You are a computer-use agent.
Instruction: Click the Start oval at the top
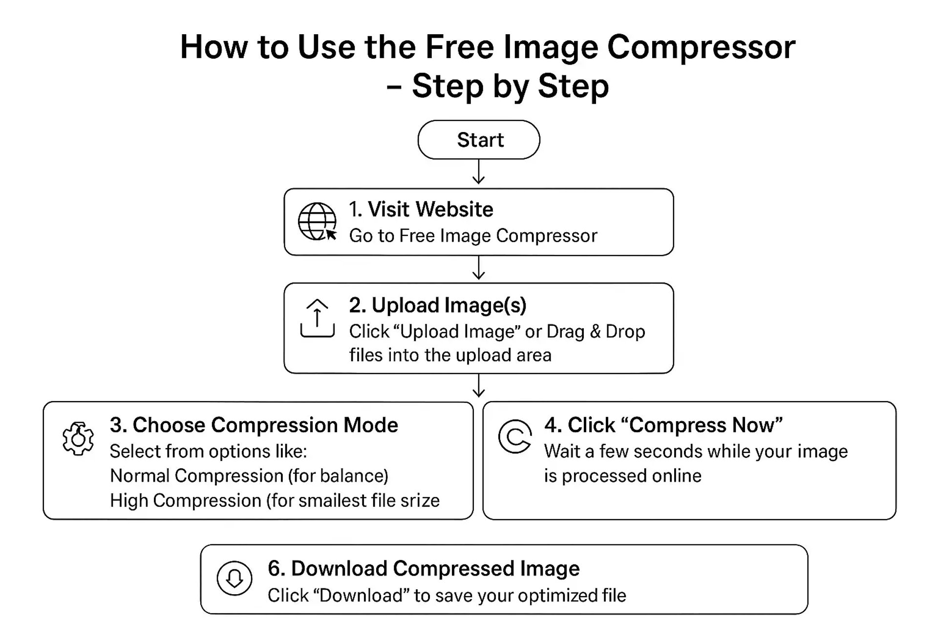(x=479, y=140)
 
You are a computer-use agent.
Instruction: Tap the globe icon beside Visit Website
(x=317, y=222)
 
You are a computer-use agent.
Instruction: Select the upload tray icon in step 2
(x=317, y=318)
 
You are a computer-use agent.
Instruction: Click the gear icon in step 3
(x=78, y=439)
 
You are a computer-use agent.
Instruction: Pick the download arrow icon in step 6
(x=234, y=578)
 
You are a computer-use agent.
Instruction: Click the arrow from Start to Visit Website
(x=479, y=172)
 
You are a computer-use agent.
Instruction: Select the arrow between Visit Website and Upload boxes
(x=479, y=268)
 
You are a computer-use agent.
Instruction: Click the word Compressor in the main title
(x=701, y=47)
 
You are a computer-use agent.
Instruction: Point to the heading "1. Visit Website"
(x=421, y=209)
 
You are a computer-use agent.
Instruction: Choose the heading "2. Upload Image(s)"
(x=437, y=305)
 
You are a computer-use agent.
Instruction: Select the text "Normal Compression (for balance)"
(x=249, y=476)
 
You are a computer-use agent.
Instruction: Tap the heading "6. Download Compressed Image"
(x=423, y=569)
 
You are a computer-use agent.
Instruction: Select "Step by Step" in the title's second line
(x=510, y=86)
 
